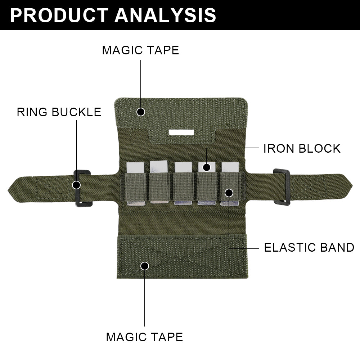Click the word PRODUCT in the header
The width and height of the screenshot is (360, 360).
(59, 15)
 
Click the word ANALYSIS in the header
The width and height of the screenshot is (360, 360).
(166, 15)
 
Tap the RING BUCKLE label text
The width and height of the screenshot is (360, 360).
(59, 112)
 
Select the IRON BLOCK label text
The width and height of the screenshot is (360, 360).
(302, 148)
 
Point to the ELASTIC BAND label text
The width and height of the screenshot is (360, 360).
(309, 248)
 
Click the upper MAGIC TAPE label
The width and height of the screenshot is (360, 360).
(140, 50)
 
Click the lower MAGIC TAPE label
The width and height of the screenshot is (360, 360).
(144, 337)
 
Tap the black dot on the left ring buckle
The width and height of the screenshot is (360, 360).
(76, 185)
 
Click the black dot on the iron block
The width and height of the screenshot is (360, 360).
(206, 167)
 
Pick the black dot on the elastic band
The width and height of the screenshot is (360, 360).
(229, 193)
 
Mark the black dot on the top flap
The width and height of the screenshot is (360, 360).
(141, 112)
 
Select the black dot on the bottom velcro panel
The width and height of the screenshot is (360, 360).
(145, 266)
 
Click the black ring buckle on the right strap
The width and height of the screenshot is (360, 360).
(282, 186)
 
